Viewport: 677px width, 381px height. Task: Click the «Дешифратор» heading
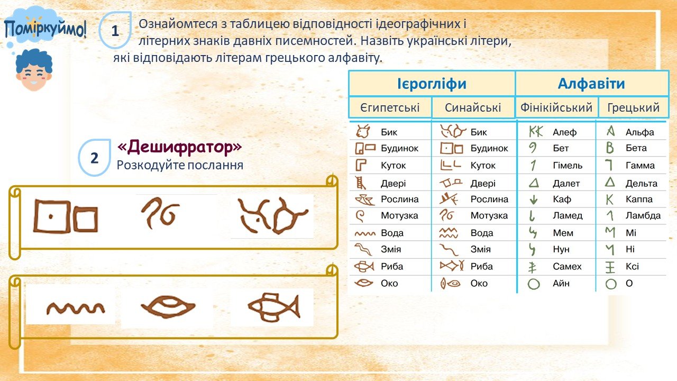click(x=179, y=147)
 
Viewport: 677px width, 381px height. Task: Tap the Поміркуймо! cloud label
click(x=45, y=29)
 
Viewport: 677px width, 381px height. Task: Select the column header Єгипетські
click(x=390, y=107)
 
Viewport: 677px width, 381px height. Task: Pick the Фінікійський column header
click(x=556, y=107)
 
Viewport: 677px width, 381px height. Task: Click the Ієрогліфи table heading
click(x=432, y=84)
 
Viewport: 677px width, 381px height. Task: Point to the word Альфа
click(x=639, y=132)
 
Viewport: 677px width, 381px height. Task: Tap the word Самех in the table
click(x=567, y=266)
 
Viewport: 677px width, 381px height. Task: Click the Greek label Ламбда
click(x=643, y=215)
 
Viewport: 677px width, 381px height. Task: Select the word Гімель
click(x=568, y=166)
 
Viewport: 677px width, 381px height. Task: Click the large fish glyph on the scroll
click(x=274, y=307)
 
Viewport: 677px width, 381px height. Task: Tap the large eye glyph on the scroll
click(x=168, y=306)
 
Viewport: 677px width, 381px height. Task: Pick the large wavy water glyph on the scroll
click(x=76, y=309)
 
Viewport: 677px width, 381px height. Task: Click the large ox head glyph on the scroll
click(x=272, y=216)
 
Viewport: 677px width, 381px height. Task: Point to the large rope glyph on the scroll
click(x=160, y=213)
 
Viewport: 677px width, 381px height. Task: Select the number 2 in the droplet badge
click(x=94, y=158)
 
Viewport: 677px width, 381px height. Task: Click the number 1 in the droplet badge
click(x=115, y=31)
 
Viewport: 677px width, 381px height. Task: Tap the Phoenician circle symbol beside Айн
click(x=534, y=284)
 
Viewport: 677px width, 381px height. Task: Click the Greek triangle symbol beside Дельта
click(x=610, y=182)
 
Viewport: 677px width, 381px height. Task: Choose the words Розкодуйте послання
click(x=180, y=166)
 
